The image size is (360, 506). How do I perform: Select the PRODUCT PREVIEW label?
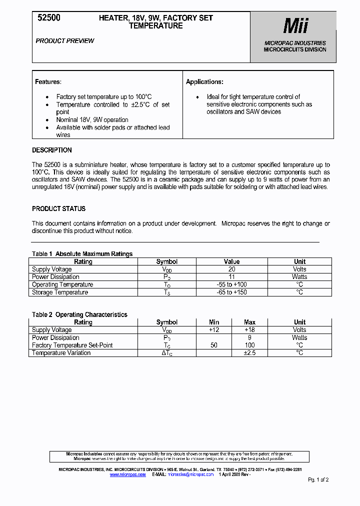(64, 41)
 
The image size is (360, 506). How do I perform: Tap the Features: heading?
(48, 81)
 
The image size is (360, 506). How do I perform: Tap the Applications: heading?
(204, 81)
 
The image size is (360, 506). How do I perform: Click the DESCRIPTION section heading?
(52, 150)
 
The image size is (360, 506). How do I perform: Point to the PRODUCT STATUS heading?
(58, 208)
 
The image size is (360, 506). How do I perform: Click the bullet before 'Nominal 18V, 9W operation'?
(47, 120)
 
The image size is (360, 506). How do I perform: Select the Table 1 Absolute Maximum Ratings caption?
(82, 254)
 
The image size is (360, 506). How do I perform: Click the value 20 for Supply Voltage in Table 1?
(231, 269)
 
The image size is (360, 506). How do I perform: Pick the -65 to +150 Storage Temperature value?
(231, 292)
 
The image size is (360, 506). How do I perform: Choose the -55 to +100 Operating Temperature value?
(231, 284)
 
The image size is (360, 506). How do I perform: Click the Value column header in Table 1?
(231, 261)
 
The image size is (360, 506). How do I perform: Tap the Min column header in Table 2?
(214, 322)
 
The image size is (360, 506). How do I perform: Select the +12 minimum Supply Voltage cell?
(214, 330)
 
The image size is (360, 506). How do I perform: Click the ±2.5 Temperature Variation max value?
(249, 352)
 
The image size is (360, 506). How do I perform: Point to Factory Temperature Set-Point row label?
(72, 345)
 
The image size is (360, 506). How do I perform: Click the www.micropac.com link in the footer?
(127, 474)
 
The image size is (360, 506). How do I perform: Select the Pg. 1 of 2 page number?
(318, 479)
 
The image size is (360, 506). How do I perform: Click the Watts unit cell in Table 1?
(299, 276)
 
